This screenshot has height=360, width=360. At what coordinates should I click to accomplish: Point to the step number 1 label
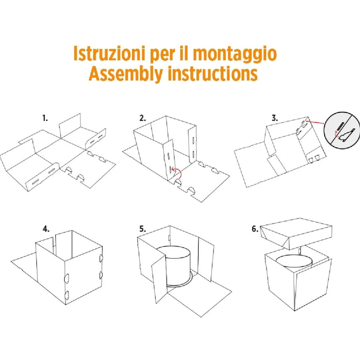[x=45, y=118]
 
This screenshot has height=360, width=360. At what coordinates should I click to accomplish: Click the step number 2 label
[x=142, y=118]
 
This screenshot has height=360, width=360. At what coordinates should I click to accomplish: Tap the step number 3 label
[x=274, y=118]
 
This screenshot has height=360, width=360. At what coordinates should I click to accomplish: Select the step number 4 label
[x=46, y=229]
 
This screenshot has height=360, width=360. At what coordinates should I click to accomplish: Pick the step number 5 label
[x=142, y=229]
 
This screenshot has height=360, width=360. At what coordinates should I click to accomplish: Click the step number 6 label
[x=255, y=229]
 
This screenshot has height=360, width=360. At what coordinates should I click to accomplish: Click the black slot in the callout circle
[x=340, y=126]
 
